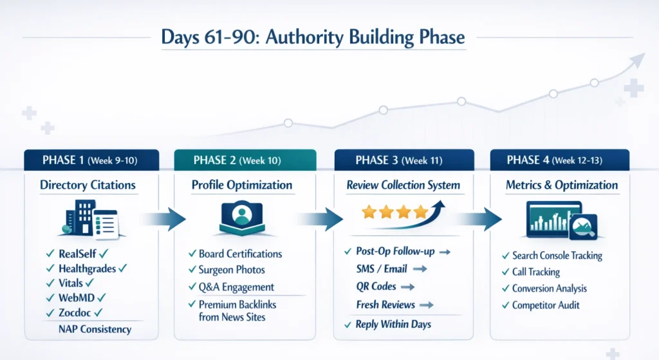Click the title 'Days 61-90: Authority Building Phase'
[313, 37]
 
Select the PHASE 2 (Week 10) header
[245, 160]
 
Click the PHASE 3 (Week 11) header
[403, 160]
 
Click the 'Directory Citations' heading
[88, 185]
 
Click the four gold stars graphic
[393, 212]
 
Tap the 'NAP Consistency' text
[95, 329]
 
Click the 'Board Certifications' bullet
[240, 254]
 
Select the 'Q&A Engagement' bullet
[236, 287]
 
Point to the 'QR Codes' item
[376, 286]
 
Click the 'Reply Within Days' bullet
[393, 324]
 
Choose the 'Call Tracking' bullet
[535, 272]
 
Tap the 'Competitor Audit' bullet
[545, 305]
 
